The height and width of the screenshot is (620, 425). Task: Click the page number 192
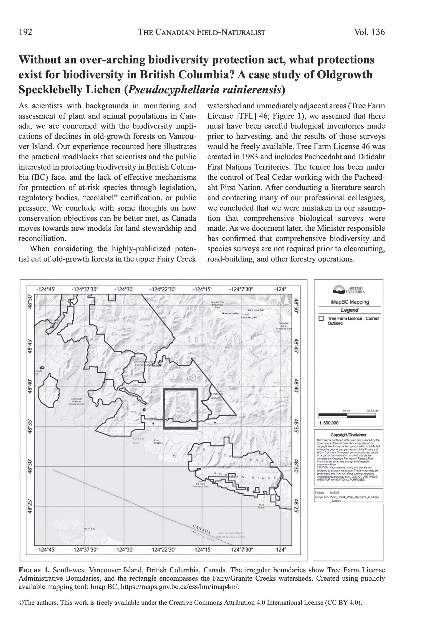point(26,32)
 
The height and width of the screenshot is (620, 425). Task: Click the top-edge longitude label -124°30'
point(124,289)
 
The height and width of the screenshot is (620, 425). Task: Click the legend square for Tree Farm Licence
point(321,319)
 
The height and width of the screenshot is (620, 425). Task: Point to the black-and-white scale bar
point(347,416)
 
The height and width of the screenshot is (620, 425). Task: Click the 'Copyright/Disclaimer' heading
point(348,435)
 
